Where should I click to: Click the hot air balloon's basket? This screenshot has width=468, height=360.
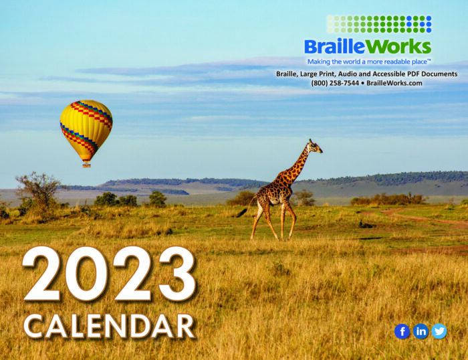[86, 165]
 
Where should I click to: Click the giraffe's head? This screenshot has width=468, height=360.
[315, 147]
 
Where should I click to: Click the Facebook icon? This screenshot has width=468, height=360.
[402, 331]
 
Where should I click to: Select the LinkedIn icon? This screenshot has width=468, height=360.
[421, 331]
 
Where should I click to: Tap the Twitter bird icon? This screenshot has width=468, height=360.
[439, 331]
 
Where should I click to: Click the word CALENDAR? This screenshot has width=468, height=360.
[109, 327]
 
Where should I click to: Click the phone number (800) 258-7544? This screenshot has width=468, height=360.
[334, 83]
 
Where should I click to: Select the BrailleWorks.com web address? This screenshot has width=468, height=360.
[394, 83]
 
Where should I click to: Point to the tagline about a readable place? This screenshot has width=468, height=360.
[369, 62]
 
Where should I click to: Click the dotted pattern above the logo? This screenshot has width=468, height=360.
[379, 24]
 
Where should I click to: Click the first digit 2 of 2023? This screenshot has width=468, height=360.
[41, 274]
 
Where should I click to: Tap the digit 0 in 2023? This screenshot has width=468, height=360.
[86, 274]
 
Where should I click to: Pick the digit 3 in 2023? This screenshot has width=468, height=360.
[177, 274]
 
